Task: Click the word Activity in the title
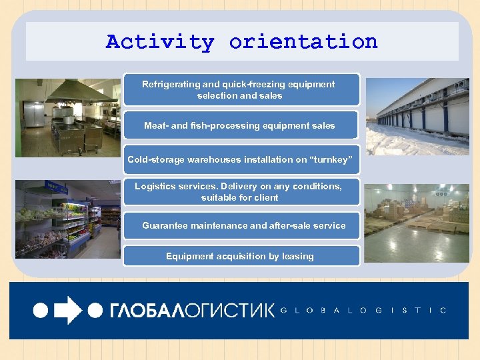tap(160, 42)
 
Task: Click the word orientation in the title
tap(303, 42)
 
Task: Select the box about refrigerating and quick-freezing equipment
tap(241, 90)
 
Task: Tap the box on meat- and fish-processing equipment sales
tap(241, 125)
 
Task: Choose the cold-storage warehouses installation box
tap(241, 160)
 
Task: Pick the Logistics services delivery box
tap(241, 192)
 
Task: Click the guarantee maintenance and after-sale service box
tap(241, 226)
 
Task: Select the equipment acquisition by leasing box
tap(241, 256)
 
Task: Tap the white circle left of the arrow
tap(41, 310)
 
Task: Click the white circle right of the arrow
tap(95, 310)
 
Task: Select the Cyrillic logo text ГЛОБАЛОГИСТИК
tap(191, 310)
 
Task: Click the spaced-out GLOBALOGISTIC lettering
tap(363, 310)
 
